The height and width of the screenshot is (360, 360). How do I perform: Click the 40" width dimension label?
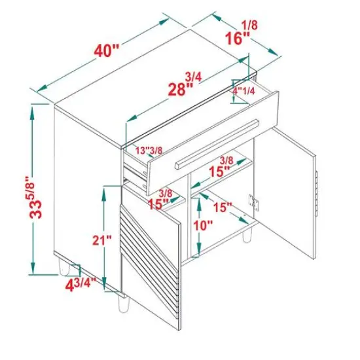coord(107,50)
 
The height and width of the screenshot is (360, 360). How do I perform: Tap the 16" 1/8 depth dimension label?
coord(241,33)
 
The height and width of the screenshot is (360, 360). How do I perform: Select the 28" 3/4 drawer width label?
coord(185,84)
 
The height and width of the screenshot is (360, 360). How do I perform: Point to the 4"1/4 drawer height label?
coord(244,91)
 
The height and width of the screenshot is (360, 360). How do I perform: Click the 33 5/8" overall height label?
coord(35,197)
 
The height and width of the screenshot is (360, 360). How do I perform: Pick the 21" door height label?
coord(102,240)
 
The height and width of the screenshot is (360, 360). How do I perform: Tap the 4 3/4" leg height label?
coord(81,284)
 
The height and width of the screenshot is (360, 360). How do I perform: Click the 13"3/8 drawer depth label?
coord(149,151)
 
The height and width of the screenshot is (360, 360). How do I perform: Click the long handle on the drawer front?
coord(217,144)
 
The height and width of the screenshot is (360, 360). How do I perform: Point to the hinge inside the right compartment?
coord(254,202)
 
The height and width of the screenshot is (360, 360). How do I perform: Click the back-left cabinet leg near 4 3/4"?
coord(64,267)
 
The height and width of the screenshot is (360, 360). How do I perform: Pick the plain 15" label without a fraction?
coord(223,207)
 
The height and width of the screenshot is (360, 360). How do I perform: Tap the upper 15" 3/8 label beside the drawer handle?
coord(220,167)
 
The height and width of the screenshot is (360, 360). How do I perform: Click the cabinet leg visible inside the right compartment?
coord(247,236)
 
